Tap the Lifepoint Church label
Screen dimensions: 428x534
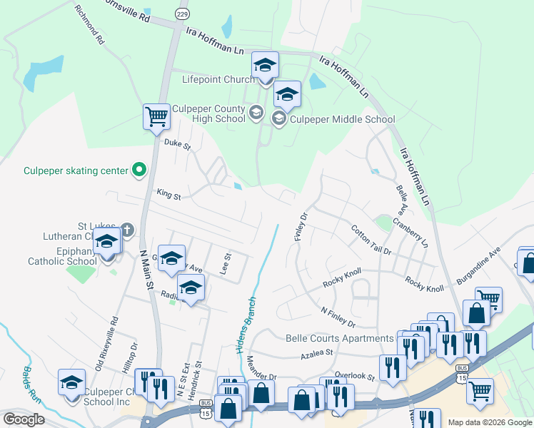point(218,79)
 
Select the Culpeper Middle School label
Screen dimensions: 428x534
point(342,119)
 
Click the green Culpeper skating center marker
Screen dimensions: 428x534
point(140,170)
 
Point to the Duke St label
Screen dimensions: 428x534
point(178,144)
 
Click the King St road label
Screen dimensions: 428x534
point(168,193)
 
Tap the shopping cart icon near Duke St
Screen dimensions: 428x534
point(156,116)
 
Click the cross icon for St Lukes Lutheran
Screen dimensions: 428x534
point(126,230)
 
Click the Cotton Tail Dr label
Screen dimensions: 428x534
point(371,240)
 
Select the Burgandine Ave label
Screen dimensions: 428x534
point(480,267)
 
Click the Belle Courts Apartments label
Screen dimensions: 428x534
point(339,338)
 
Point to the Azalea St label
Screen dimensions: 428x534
point(318,352)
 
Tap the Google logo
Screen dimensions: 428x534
point(24,419)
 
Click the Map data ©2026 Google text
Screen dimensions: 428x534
point(489,422)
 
